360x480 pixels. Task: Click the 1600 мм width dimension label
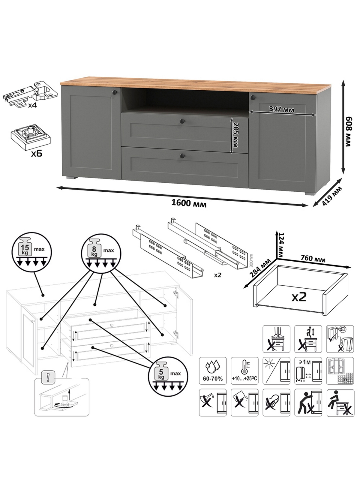coord(189,204)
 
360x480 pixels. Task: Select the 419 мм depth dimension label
coord(332,196)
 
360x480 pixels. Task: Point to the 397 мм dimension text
coord(281,109)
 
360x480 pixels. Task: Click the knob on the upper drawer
coord(181,121)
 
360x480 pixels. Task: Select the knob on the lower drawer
coord(182,155)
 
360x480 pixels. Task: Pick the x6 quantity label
coord(37,154)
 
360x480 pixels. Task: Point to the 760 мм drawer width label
coord(313,258)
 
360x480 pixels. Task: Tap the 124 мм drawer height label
coord(280,244)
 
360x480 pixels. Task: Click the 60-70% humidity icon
coord(213,371)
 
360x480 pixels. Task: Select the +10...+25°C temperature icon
coord(244,371)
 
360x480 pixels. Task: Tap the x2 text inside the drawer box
coord(299,297)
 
